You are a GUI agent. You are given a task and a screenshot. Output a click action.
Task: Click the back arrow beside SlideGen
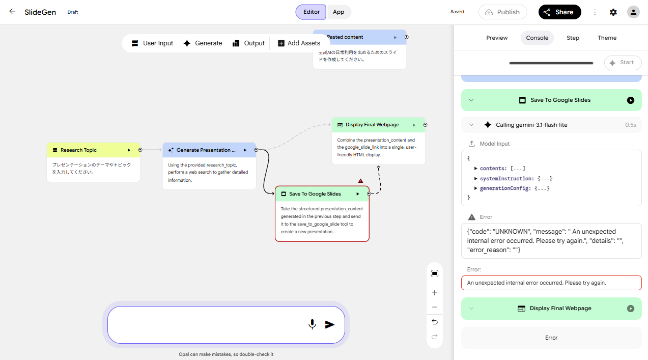[12, 12]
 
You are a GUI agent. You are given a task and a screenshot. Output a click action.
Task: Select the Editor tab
[311, 12]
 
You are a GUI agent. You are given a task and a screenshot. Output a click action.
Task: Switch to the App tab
[338, 12]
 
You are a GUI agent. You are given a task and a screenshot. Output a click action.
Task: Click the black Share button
[559, 12]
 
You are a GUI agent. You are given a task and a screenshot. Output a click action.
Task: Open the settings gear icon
[613, 12]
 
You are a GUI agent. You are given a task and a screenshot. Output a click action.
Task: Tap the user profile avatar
[633, 12]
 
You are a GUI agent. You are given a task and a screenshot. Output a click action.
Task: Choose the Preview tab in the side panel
[497, 38]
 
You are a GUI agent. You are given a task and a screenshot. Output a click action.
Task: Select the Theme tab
[607, 38]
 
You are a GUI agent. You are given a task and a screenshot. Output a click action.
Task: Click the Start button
[623, 63]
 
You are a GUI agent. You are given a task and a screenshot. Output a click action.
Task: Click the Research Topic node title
[78, 150]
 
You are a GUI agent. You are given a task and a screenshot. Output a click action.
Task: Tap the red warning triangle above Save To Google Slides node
[360, 181]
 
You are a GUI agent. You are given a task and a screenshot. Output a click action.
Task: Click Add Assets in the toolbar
[299, 43]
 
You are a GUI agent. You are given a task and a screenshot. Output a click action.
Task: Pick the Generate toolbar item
[203, 43]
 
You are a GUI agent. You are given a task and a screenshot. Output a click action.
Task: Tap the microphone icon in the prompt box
[312, 324]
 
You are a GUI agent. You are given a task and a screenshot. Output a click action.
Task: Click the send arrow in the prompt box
[329, 324]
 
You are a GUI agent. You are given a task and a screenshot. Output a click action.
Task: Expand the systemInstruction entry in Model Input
[475, 179]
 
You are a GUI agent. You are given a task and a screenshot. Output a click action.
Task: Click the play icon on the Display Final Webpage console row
[631, 309]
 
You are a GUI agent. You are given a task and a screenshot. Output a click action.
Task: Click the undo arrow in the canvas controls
[435, 322]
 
